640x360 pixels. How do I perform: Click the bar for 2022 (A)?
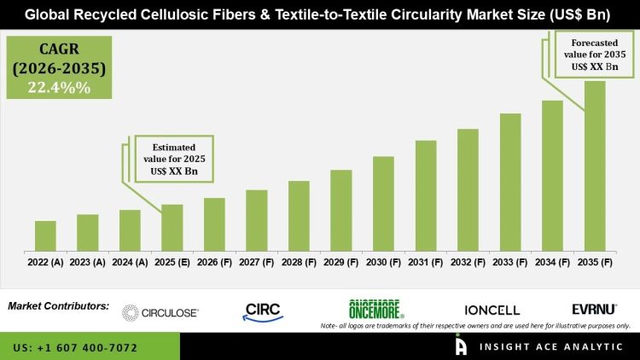[x=45, y=236]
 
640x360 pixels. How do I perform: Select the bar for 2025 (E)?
[x=172, y=228]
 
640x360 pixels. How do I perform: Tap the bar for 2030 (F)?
[x=383, y=204]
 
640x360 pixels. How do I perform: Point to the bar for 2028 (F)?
[x=299, y=216]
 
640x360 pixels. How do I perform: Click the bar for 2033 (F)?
[x=510, y=183]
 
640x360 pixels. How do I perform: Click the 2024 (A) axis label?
[x=130, y=263]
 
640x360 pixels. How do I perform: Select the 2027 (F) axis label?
[x=257, y=263]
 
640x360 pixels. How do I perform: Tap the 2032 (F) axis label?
[x=468, y=263]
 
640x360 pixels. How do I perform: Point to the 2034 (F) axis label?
[x=552, y=263]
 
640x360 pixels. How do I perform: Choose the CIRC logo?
[x=262, y=311]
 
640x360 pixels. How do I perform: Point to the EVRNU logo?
[x=594, y=309]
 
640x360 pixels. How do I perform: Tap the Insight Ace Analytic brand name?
[x=547, y=347]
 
